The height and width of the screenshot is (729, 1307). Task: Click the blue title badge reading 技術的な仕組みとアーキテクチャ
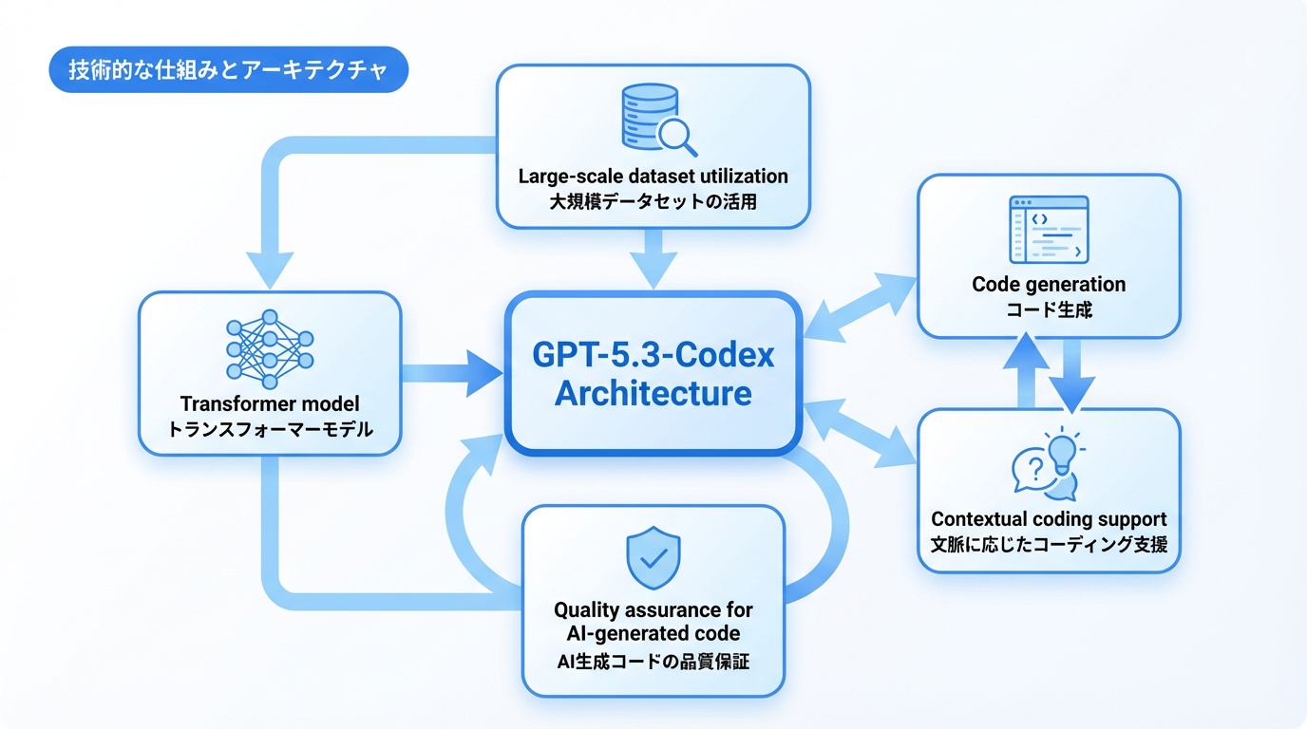(228, 72)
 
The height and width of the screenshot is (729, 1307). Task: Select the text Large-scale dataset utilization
(653, 176)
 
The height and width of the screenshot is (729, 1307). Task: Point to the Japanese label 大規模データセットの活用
(653, 201)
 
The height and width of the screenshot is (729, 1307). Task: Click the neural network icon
(270, 350)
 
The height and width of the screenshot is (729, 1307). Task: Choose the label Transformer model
(271, 403)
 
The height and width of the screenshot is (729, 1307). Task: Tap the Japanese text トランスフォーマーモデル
(271, 429)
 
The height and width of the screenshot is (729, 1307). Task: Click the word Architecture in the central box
(653, 392)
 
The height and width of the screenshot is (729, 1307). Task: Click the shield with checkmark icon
(653, 558)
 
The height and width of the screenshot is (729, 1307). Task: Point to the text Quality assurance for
(653, 608)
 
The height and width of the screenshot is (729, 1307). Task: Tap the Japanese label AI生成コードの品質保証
(653, 661)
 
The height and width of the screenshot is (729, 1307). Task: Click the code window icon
(1049, 230)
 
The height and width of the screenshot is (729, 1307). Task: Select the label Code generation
(1049, 284)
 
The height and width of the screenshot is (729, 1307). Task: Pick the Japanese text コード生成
(1049, 309)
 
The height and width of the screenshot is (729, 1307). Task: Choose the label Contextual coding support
(1049, 519)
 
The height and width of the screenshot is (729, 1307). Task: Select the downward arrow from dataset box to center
(653, 258)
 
